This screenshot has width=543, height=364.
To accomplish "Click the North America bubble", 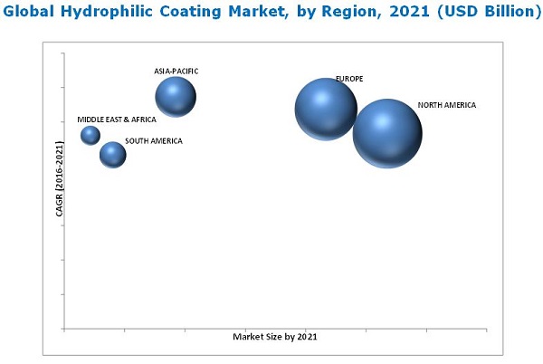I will (x=387, y=133).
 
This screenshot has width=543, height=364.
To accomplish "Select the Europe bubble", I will (x=326, y=109).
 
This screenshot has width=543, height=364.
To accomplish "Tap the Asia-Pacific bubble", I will (x=176, y=97).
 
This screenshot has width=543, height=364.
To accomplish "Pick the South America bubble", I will (x=112, y=155).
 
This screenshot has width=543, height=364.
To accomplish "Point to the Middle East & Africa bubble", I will (x=90, y=135).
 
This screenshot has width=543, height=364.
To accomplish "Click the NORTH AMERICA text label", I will (x=446, y=106).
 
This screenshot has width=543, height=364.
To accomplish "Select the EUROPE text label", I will (x=349, y=80).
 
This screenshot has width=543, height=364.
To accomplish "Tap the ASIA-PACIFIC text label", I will (x=176, y=71).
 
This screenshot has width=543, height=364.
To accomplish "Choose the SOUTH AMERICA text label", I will (x=154, y=141).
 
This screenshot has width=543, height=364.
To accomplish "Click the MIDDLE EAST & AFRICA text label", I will (x=117, y=120).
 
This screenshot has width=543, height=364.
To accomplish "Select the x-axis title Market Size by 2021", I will (x=275, y=337).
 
